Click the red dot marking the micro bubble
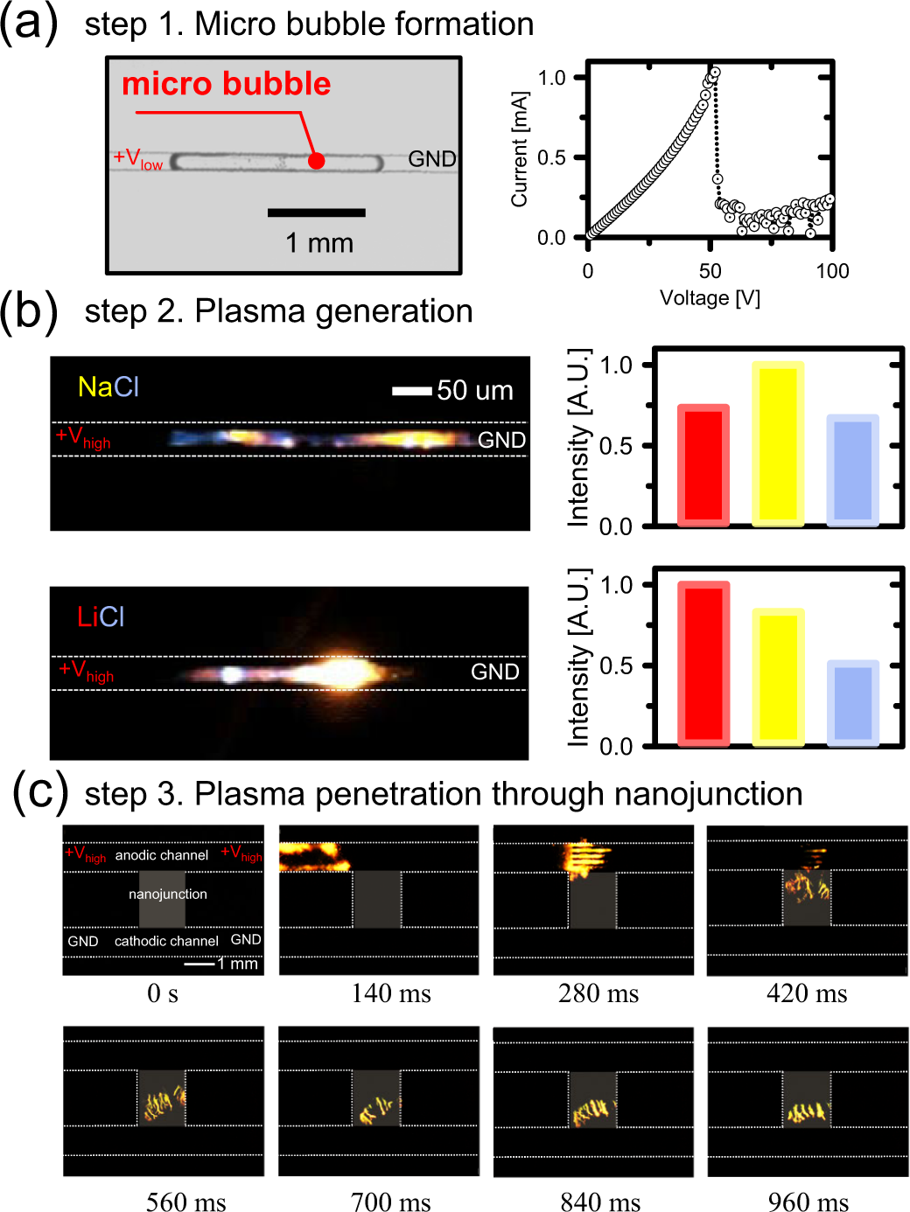coord(317,161)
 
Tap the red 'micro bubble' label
coord(226,84)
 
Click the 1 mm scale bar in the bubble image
coord(316,212)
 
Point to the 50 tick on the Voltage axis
coord(710,271)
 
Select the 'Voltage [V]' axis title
coord(710,298)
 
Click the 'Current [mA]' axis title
coord(520,149)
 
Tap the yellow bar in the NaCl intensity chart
coord(778,443)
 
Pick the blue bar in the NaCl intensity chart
coord(852,470)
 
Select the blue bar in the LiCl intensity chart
coord(852,703)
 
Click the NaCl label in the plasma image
coord(108,387)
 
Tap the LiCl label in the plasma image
coord(101,617)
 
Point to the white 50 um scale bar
coord(411,391)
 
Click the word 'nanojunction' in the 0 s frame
coord(168,894)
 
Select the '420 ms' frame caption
coord(807,993)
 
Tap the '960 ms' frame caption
coord(808,1202)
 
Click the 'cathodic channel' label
coord(166,941)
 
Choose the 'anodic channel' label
coord(162,855)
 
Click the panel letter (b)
coord(29,311)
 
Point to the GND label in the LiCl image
coord(495,672)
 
